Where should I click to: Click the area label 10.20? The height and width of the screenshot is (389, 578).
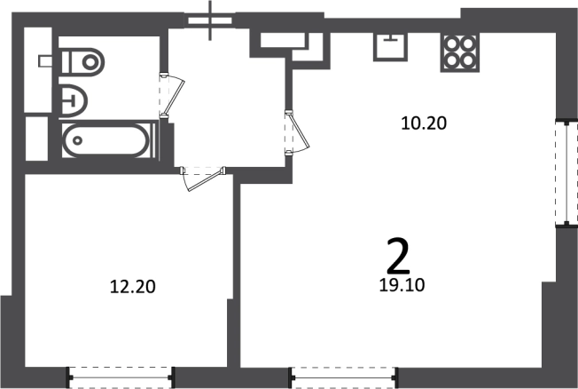424,123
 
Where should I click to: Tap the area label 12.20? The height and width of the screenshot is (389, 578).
133,287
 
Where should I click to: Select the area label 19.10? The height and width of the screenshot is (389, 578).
402,285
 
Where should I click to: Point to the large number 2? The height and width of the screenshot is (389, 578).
398,255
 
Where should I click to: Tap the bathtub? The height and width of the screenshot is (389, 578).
107,140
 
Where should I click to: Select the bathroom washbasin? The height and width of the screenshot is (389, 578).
74,101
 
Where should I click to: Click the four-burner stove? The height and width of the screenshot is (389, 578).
460,52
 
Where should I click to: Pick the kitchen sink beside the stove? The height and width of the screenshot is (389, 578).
391,46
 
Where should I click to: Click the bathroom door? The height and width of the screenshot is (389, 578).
172,95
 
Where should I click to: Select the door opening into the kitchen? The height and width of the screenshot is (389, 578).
296,132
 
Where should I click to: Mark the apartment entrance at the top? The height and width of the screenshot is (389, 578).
210,20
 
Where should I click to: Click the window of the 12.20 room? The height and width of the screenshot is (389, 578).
121,377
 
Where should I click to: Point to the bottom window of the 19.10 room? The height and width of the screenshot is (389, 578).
344,377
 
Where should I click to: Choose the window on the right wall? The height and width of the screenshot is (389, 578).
566,172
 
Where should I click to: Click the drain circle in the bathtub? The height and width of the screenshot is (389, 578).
77,140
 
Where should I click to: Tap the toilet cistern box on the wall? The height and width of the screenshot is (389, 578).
44,61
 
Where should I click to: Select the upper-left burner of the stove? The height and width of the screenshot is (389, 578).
451,44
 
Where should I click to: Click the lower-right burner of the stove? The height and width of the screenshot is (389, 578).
468,60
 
